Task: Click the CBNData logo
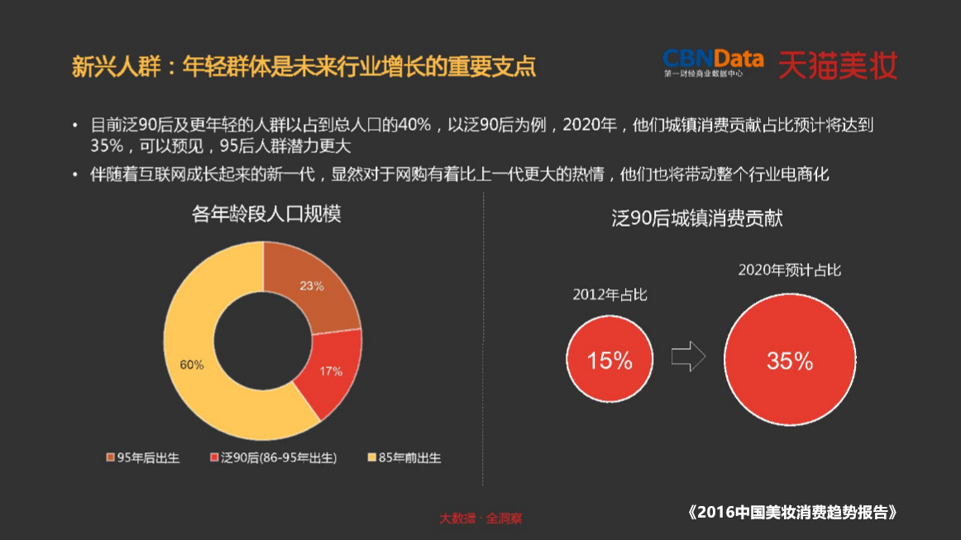point(713,63)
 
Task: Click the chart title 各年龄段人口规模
point(266,214)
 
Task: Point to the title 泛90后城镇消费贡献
point(697,218)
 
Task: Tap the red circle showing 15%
point(610,360)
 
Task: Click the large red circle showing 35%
point(790,361)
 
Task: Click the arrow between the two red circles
point(687,358)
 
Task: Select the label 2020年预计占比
point(790,270)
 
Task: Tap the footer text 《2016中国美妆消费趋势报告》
point(792,512)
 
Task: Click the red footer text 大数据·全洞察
point(480,518)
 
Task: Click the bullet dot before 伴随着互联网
point(75,175)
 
